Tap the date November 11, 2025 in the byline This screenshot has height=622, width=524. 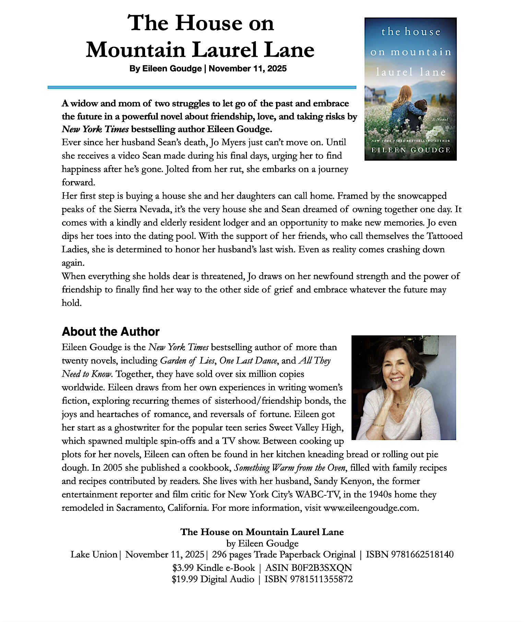(x=248, y=69)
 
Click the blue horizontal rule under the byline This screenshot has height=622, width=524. (x=202, y=88)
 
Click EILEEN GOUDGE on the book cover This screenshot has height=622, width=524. (x=411, y=150)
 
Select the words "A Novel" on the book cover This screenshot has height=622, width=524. (x=440, y=119)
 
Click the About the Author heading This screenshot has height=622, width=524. (x=110, y=332)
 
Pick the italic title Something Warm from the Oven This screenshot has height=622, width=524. (x=290, y=468)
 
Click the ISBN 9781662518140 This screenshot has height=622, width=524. (x=409, y=555)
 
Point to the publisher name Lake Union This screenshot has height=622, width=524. (x=94, y=555)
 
